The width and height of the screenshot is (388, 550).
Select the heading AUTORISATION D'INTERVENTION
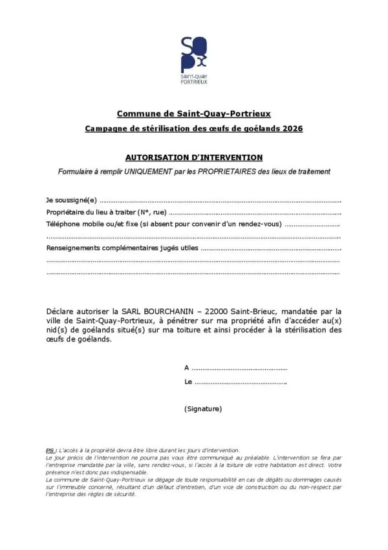(194, 157)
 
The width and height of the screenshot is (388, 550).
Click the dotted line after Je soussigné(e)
(220, 201)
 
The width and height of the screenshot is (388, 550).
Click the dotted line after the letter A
(240, 368)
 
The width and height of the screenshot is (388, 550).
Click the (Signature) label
(203, 409)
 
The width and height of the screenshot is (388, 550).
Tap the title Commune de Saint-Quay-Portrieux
(194, 114)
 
